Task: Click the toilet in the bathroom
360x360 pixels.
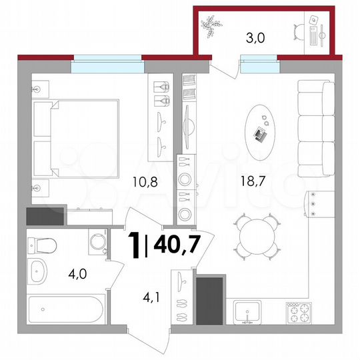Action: point(40,246)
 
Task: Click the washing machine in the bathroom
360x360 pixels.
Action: point(98,243)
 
